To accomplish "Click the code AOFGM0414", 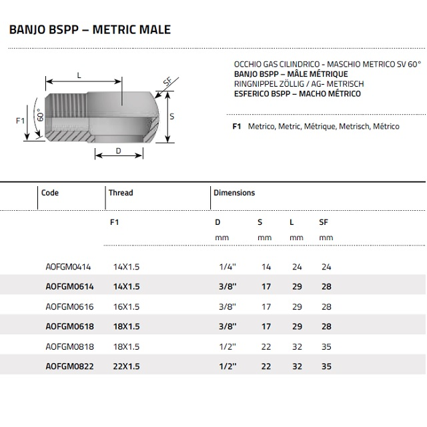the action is tap(68, 267).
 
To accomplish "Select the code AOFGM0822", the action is tap(69, 366).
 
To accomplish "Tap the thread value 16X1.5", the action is tap(126, 307).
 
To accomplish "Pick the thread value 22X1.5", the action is tap(126, 366).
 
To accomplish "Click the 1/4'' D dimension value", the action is tap(228, 267).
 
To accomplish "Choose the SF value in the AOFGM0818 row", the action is tap(326, 346).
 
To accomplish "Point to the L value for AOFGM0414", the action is tap(297, 267).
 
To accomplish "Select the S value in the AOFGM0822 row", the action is tap(266, 366).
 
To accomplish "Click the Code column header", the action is tap(50, 193).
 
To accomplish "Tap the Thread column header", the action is tap(121, 193).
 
